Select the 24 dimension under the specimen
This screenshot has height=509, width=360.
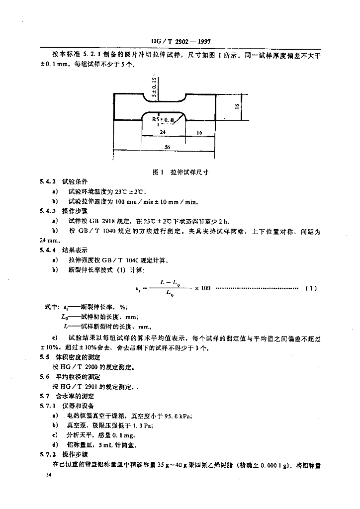coord(162,133)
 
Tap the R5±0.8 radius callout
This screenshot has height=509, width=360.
coord(164,119)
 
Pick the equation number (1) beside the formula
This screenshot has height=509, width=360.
coord(310,288)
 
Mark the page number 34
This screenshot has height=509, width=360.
coord(48,475)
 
